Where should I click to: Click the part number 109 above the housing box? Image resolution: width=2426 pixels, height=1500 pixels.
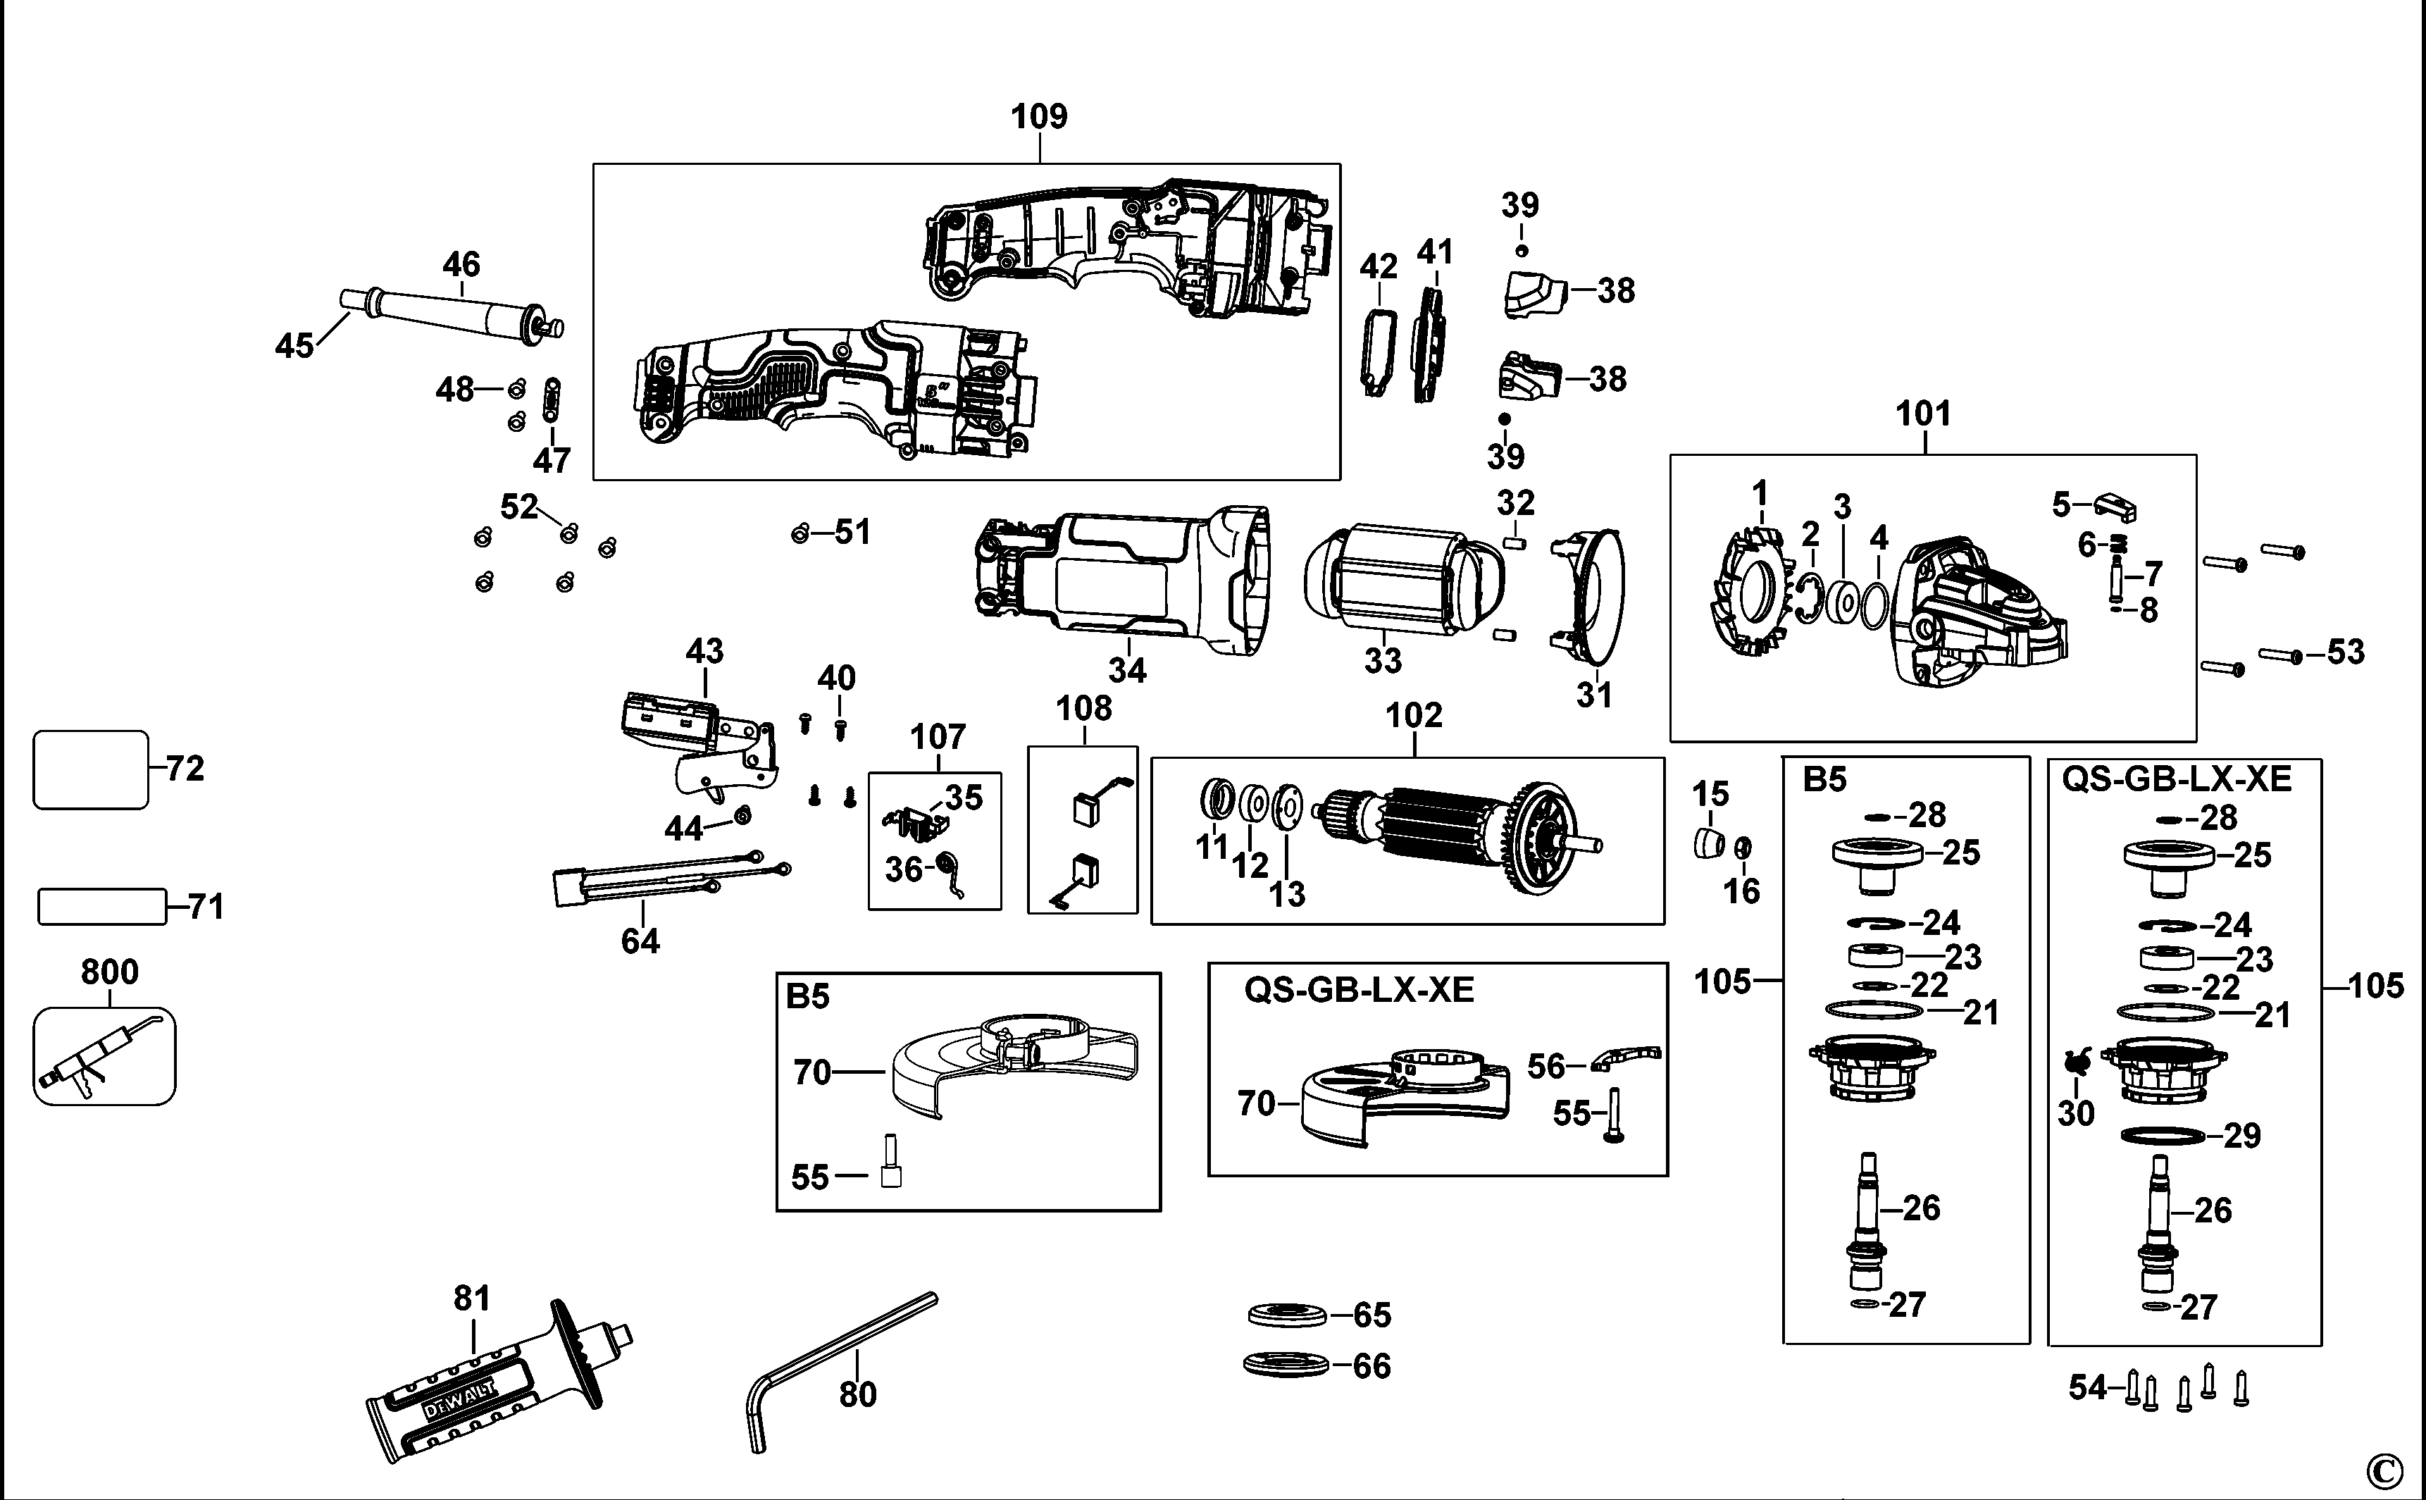click(x=1038, y=117)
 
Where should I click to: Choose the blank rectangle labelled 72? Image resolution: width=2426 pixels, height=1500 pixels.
click(x=90, y=770)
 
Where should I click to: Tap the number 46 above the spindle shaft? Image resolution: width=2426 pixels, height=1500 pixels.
click(x=461, y=265)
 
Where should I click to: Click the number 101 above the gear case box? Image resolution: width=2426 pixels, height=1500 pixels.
click(x=1922, y=414)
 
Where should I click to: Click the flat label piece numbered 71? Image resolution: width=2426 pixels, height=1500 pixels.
click(x=101, y=907)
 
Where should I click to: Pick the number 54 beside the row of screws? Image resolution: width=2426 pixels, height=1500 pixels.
click(x=2086, y=1387)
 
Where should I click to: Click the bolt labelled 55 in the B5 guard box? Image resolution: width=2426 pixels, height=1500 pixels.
click(x=890, y=1162)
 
